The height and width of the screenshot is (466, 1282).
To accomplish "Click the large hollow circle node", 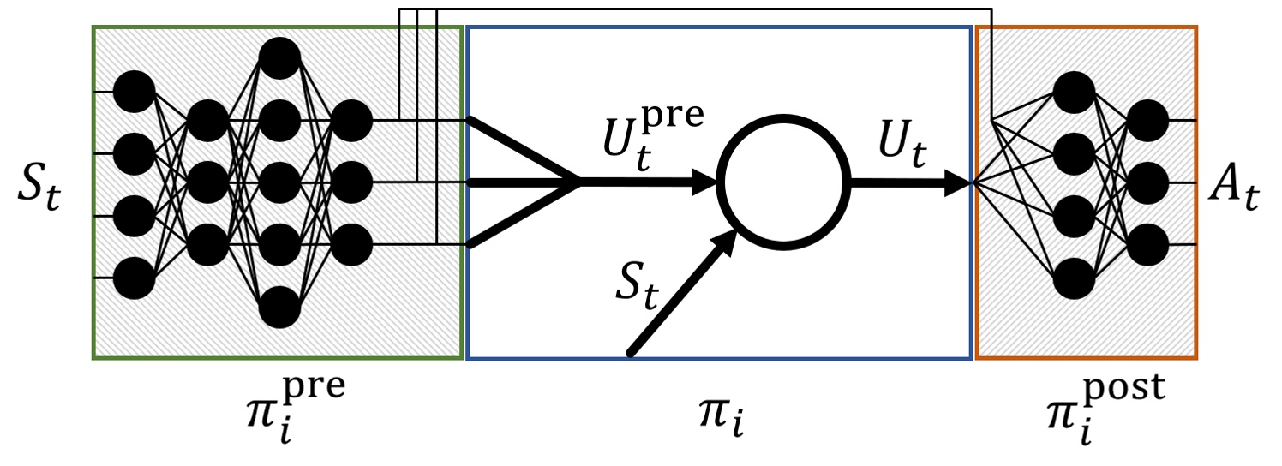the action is tap(783, 182).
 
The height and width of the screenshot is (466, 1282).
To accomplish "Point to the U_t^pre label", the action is tap(653, 138).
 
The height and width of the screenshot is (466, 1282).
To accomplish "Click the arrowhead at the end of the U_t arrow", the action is tap(959, 183).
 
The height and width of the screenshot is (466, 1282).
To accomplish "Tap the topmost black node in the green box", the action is tap(280, 58).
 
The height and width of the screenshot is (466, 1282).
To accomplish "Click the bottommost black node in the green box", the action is tap(280, 307).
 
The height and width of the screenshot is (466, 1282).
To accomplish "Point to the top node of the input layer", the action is tap(135, 92).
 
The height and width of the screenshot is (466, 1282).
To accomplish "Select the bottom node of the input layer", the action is tap(135, 278).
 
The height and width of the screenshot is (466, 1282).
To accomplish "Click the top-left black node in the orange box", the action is tap(1075, 92).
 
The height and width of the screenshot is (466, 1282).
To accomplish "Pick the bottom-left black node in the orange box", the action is tap(1075, 278).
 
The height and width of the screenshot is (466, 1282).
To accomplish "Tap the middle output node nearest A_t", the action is tap(1147, 183).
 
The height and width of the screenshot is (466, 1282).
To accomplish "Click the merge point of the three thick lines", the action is tap(579, 182).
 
